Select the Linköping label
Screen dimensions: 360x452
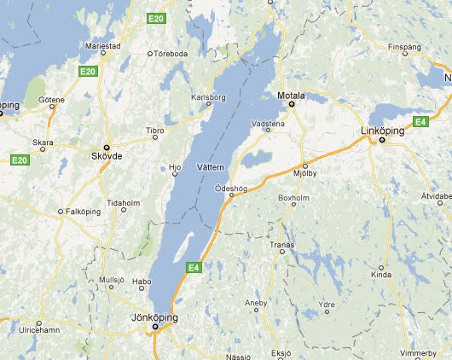380,131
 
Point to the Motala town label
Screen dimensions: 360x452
291,96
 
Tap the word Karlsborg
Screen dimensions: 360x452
210,97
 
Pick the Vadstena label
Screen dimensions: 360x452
269,123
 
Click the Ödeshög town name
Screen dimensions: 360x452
231,187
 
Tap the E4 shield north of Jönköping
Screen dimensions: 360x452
194,267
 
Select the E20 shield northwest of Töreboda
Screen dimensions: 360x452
154,18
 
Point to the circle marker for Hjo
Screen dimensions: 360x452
176,173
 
